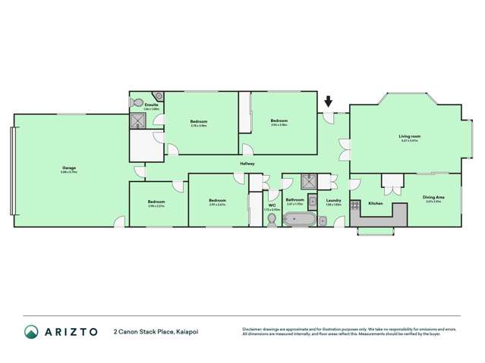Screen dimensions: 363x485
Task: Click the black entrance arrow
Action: tap(328, 101)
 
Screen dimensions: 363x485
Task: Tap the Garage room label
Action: tap(69, 167)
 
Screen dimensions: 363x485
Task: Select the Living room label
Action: tap(409, 136)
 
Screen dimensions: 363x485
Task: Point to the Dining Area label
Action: tap(434, 197)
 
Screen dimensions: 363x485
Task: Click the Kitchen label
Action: tap(376, 203)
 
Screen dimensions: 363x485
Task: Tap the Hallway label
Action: tap(247, 163)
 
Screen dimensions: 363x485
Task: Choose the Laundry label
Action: tap(333, 200)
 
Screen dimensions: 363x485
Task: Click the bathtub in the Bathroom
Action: tap(295, 220)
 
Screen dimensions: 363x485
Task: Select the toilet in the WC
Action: tap(272, 219)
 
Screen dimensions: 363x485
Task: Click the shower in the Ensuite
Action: tap(137, 120)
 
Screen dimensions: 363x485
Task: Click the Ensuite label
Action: tap(151, 105)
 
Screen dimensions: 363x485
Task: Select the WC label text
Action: tap(271, 205)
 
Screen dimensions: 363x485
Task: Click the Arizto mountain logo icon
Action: tap(31, 331)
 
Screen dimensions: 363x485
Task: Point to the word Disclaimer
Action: tap(254, 328)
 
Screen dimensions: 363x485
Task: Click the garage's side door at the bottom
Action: tap(119, 222)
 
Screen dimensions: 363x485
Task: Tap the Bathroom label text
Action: tap(294, 200)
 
